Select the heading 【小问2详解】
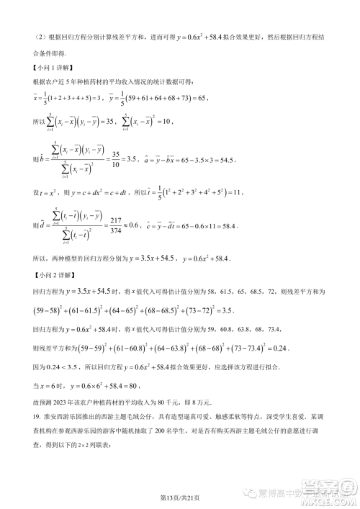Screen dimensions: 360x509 pyautogui.click(x=48, y=275)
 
